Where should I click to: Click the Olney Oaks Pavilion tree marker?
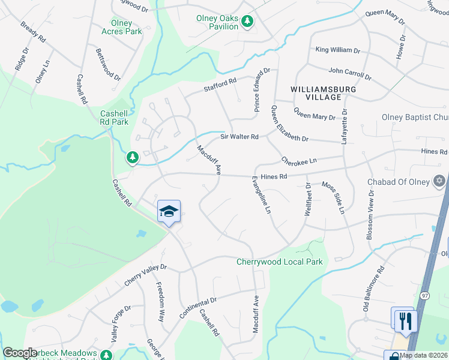click(247, 21)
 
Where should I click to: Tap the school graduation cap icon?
click(169, 212)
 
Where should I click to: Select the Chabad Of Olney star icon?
click(439, 180)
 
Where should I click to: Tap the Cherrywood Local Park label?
click(280, 262)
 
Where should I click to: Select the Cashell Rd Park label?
click(114, 118)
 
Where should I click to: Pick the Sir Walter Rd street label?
click(239, 137)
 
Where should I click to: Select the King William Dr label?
click(337, 51)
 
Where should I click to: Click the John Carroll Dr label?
click(350, 74)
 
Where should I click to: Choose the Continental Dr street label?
click(205, 302)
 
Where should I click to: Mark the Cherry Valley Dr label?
click(145, 274)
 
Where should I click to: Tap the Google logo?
click(20, 353)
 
